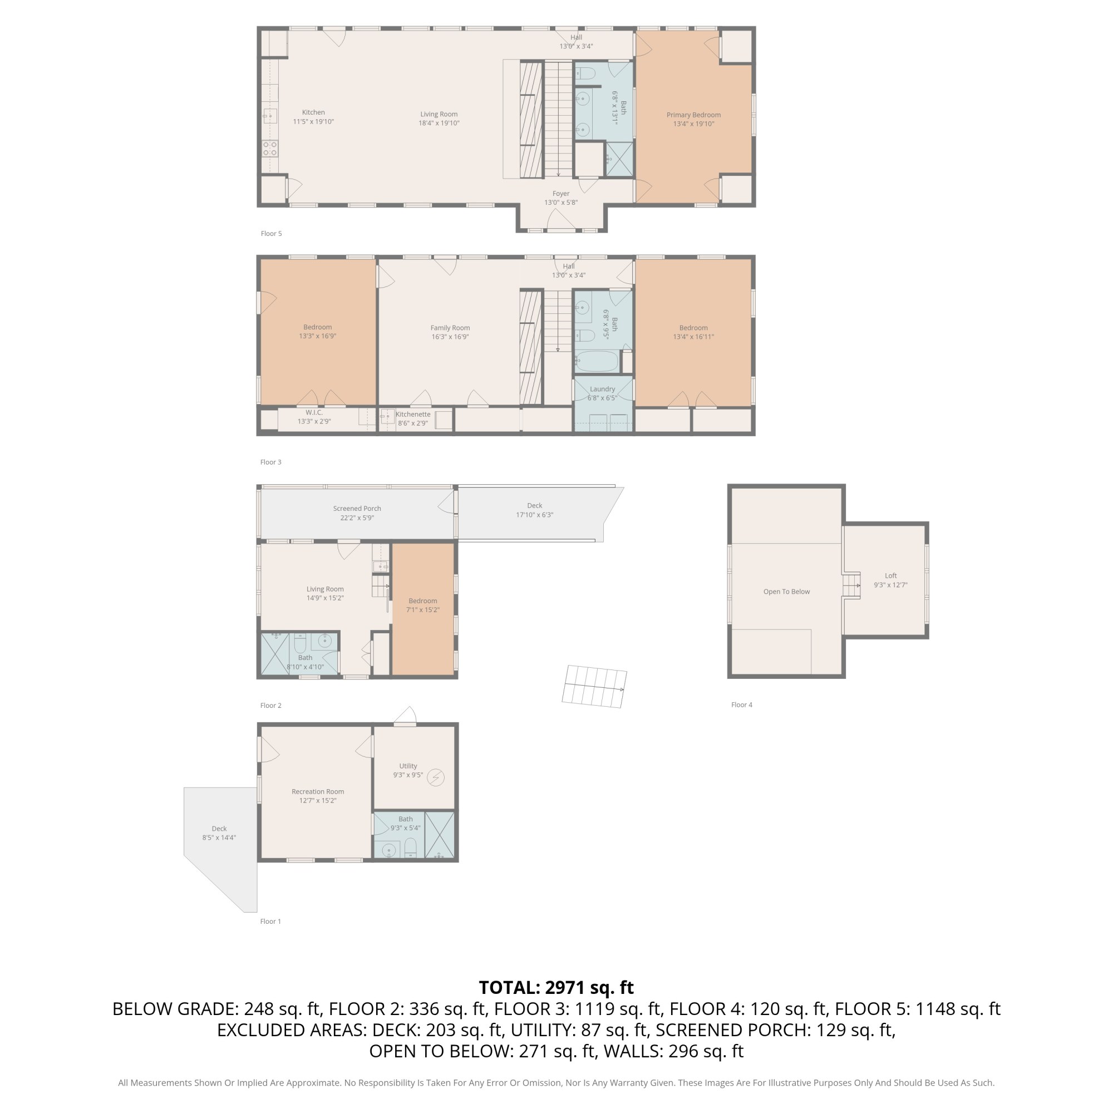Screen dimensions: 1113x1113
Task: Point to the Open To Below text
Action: (786, 592)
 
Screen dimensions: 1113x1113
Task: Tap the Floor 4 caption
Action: (742, 705)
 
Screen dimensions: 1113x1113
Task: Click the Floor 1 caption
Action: (271, 921)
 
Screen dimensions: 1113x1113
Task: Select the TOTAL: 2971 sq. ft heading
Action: (556, 987)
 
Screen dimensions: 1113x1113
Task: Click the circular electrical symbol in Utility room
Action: (436, 778)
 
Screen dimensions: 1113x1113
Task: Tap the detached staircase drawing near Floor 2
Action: (594, 687)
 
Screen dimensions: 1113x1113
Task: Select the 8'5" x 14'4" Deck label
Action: (219, 833)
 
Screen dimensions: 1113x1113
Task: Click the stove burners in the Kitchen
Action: (270, 149)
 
